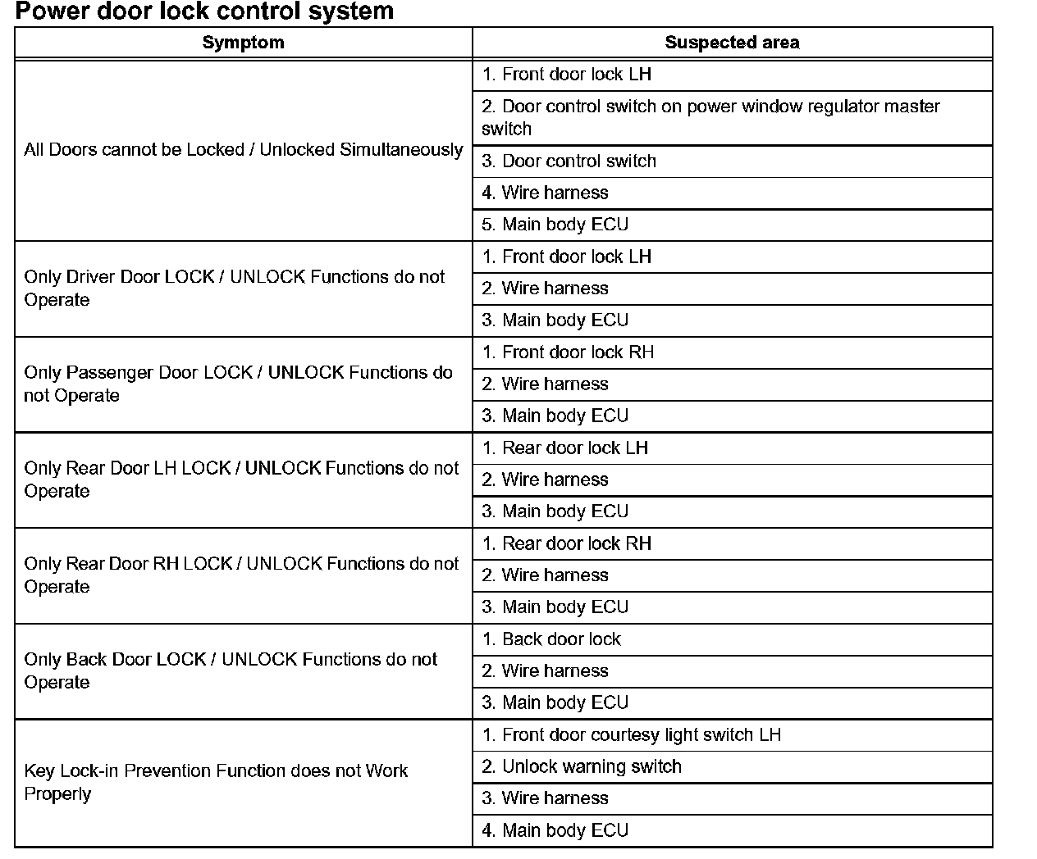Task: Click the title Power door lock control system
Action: [x=204, y=11]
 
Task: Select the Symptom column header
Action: [x=243, y=43]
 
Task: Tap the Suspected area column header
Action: [x=732, y=43]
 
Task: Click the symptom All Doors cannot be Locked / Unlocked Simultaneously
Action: [x=243, y=150]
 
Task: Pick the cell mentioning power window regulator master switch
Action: [x=710, y=117]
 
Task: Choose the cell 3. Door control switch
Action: [x=569, y=161]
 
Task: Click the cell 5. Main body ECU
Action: [x=555, y=225]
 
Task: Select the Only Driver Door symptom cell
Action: [x=235, y=289]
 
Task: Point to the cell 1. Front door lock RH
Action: [x=569, y=352]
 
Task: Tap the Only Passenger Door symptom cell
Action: [x=238, y=384]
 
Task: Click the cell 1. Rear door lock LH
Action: [x=565, y=448]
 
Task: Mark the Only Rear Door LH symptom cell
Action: [x=241, y=479]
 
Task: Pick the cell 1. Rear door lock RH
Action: [x=567, y=543]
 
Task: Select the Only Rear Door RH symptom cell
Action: [x=241, y=575]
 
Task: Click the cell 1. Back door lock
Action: [x=551, y=639]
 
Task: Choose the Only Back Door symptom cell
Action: [x=231, y=670]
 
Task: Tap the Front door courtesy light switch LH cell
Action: [x=632, y=735]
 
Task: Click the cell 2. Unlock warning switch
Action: [x=582, y=766]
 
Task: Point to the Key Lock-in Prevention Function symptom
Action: [x=216, y=782]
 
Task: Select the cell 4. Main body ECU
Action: [x=555, y=830]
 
